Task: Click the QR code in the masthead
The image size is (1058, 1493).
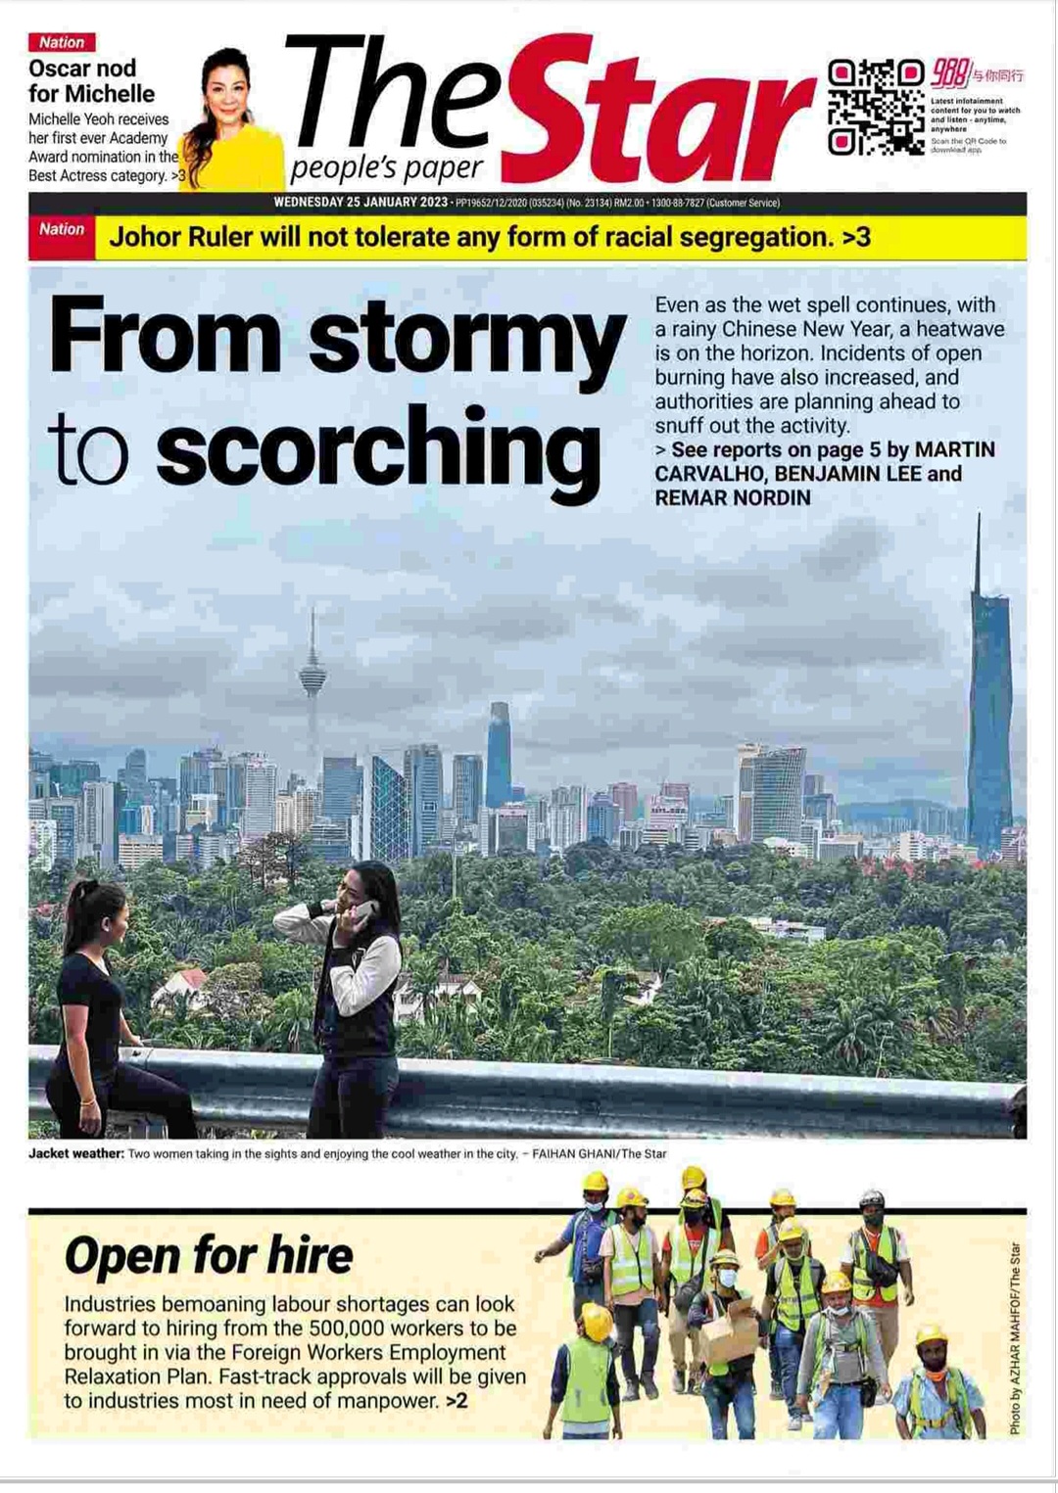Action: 875,107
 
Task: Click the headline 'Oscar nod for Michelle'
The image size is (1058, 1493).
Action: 91,81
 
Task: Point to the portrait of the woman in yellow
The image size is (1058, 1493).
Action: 232,122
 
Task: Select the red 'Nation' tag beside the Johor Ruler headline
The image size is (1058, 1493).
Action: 62,230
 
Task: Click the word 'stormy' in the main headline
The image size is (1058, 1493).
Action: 466,338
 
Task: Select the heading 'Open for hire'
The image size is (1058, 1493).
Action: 209,1256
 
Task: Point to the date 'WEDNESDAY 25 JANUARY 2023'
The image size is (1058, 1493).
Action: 360,203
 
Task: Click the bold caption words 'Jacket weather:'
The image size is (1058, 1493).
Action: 75,1153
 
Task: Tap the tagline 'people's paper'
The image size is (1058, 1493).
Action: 386,169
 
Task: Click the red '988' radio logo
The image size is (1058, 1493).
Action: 949,72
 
